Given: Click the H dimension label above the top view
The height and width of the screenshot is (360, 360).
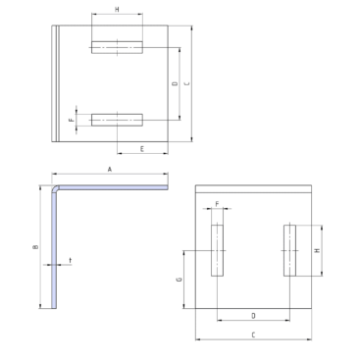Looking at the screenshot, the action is click(x=117, y=10).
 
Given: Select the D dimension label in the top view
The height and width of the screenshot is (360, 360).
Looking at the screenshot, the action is click(x=176, y=83).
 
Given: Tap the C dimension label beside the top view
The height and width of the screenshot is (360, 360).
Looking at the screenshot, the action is click(x=187, y=83).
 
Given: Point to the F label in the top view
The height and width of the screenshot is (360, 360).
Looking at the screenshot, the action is click(x=71, y=120).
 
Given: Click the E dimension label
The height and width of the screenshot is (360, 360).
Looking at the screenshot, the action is click(x=142, y=149).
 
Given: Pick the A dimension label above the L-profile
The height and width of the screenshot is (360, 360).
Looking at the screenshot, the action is click(x=110, y=170).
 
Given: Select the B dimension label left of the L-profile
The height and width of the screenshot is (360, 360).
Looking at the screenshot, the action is click(x=35, y=247).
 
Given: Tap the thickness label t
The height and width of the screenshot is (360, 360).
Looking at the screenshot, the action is click(x=71, y=261).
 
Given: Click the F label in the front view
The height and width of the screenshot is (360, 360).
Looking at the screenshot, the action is click(x=217, y=204).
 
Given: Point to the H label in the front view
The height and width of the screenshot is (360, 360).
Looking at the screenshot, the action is click(x=317, y=250).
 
